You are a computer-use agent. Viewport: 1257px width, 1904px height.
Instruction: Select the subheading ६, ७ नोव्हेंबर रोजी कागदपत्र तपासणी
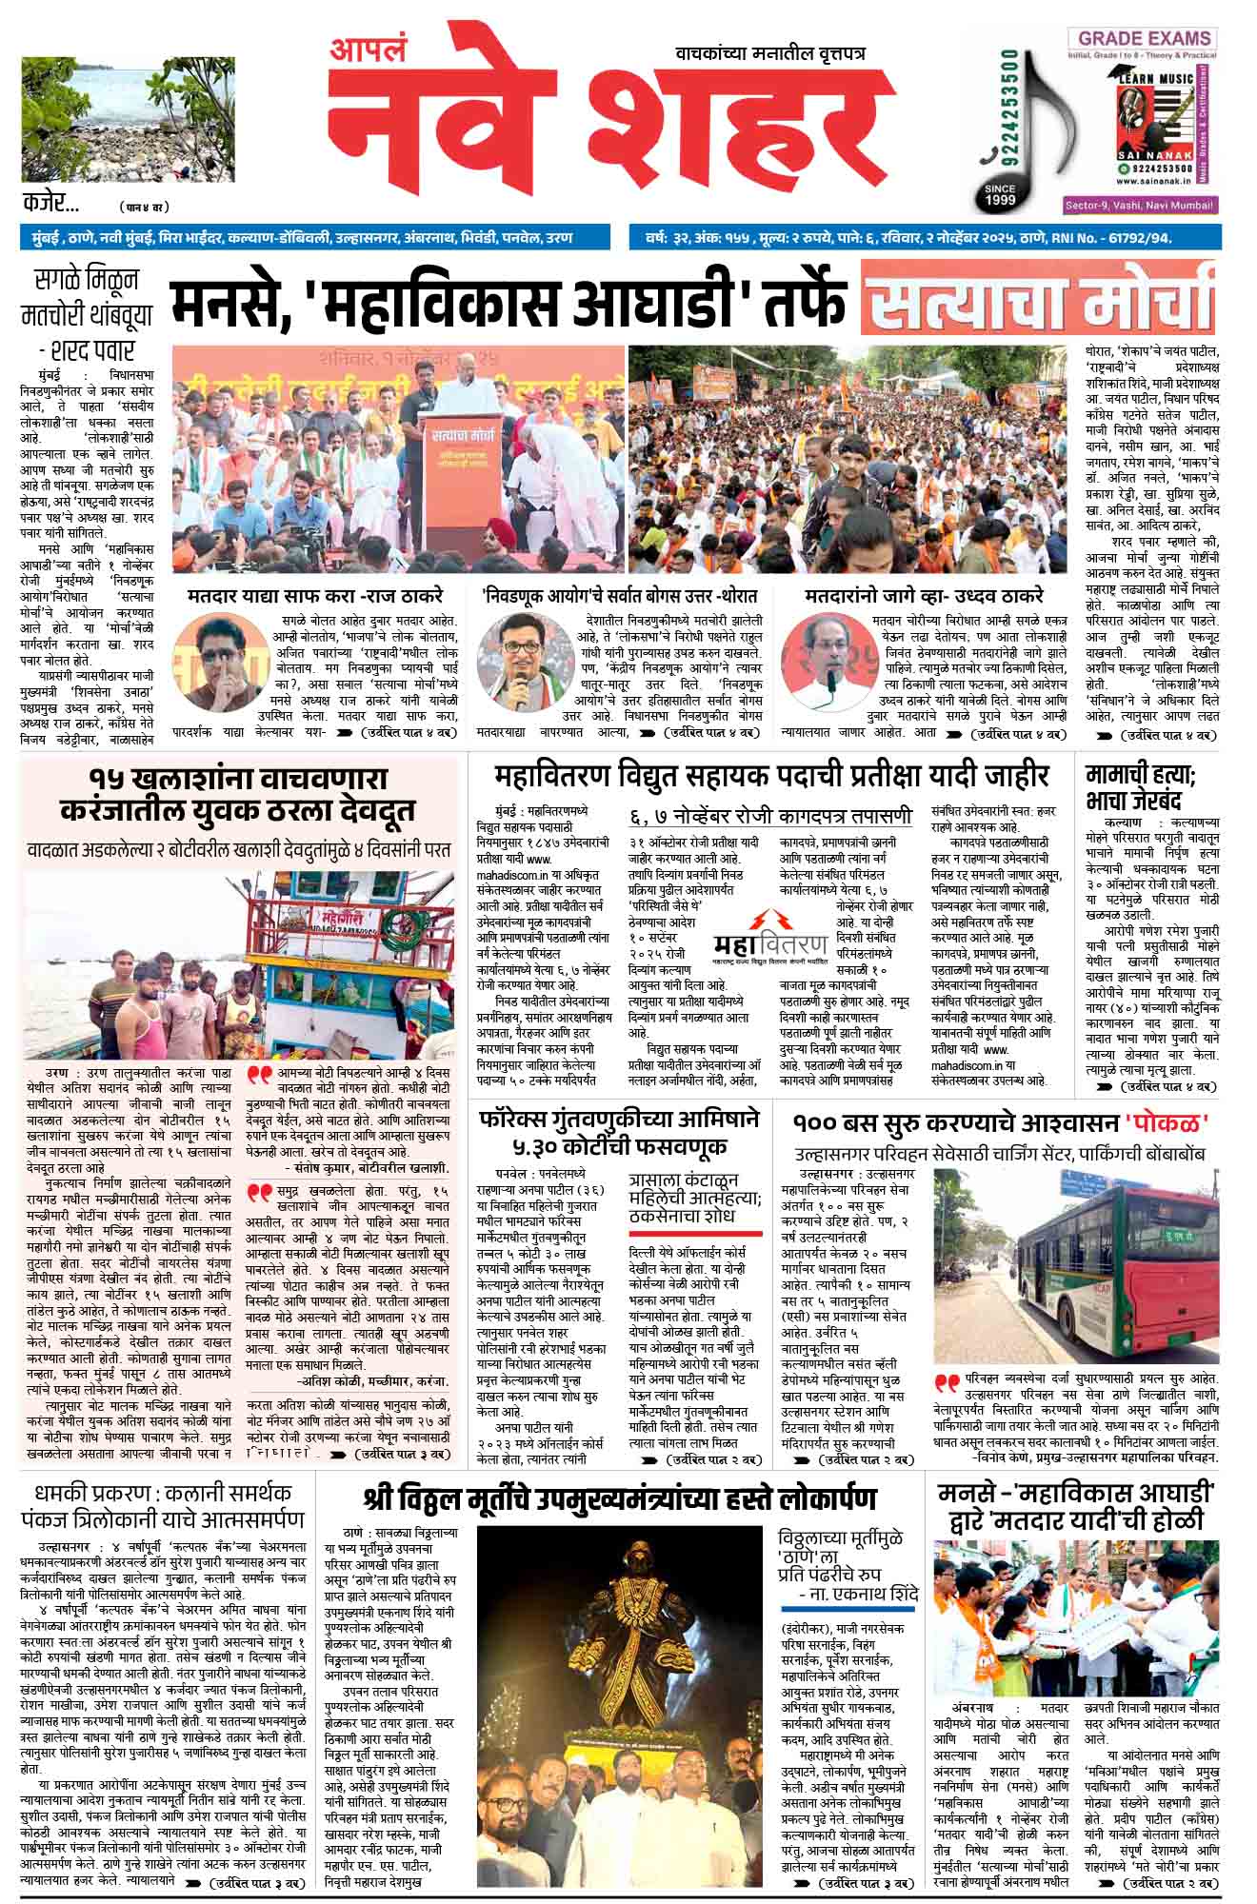point(769,816)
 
